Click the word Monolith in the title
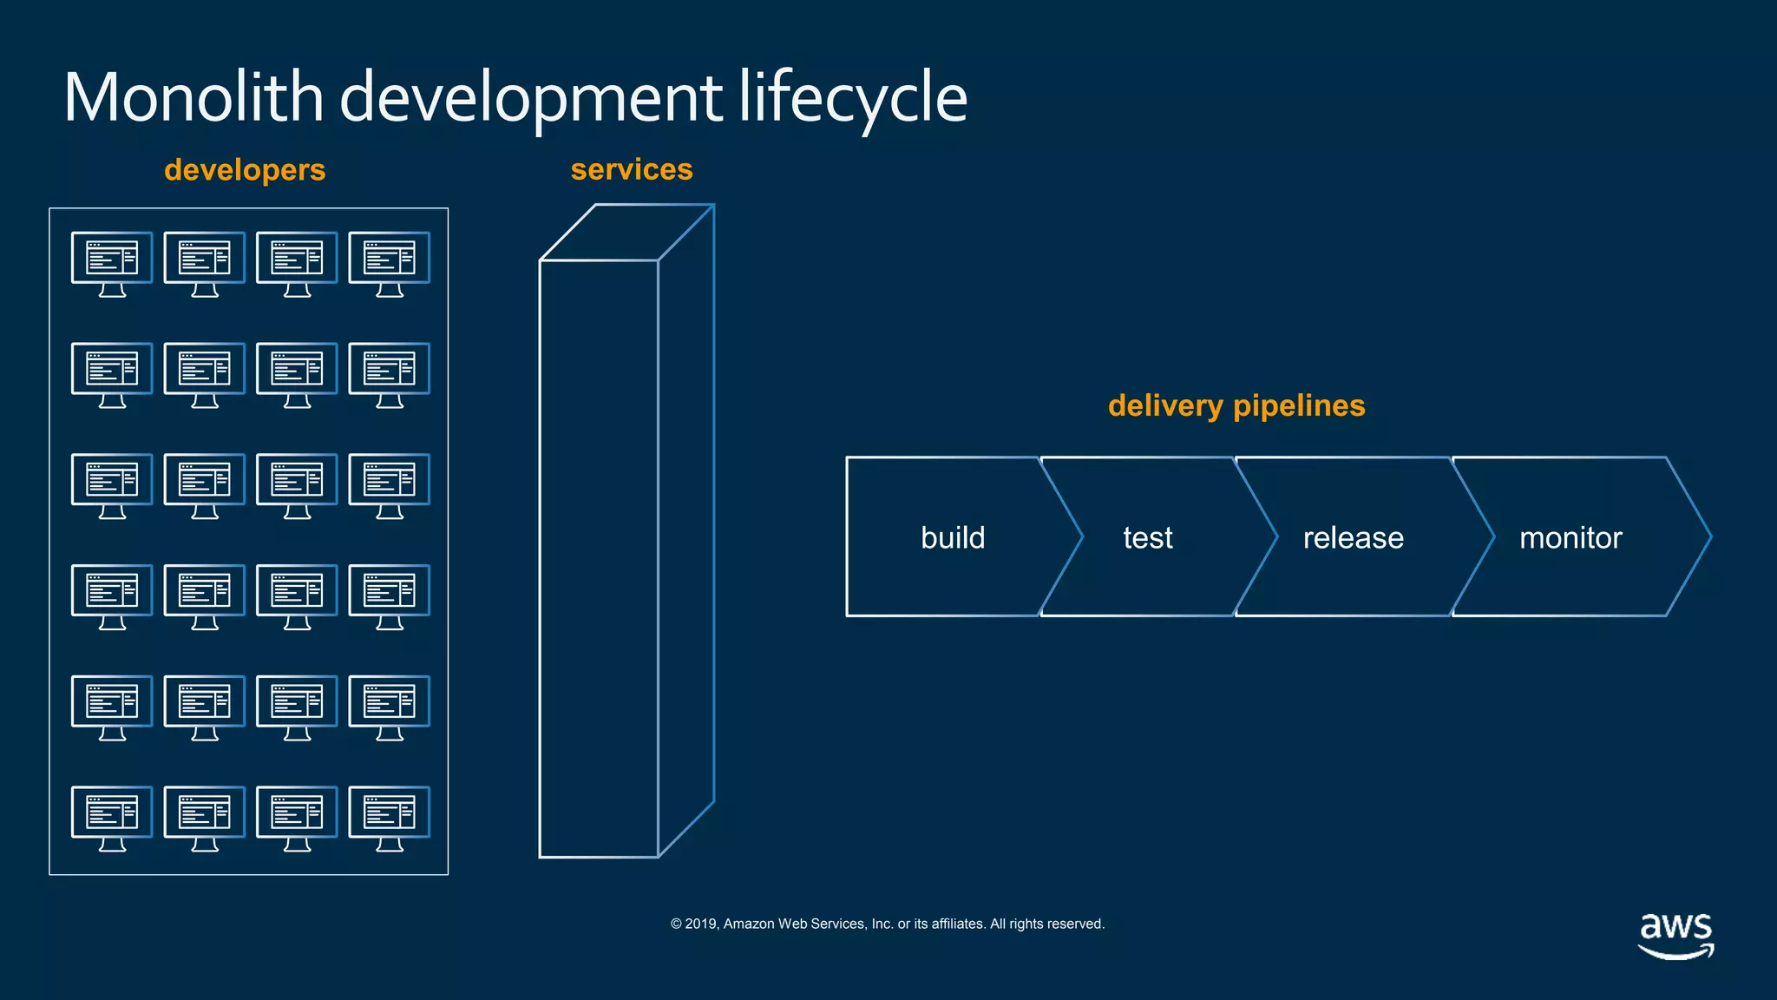(193, 97)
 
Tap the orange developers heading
(245, 170)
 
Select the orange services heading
(632, 169)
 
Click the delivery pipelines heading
(1236, 405)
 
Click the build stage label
(953, 537)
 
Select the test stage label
(1147, 537)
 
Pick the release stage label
(1353, 537)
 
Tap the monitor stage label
(1570, 537)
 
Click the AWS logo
(1675, 936)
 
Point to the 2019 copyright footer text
(887, 924)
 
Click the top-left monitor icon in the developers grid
(112, 263)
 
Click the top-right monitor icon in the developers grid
(389, 263)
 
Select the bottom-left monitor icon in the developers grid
(112, 818)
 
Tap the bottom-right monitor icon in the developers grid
(389, 818)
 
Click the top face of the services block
(626, 233)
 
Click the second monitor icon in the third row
(205, 484)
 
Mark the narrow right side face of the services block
(686, 530)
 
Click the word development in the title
(530, 97)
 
